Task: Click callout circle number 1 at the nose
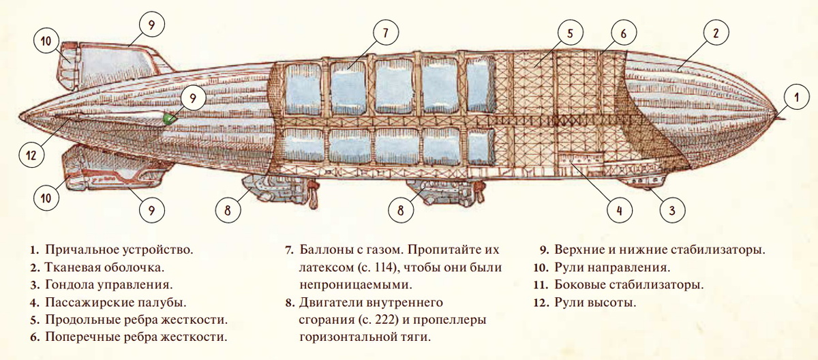(796, 97)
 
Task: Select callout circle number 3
(671, 211)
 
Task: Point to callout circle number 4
(619, 211)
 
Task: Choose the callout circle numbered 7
(384, 32)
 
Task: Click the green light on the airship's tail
(168, 119)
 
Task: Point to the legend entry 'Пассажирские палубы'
(115, 302)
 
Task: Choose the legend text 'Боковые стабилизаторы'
(628, 285)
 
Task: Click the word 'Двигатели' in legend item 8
(334, 302)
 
